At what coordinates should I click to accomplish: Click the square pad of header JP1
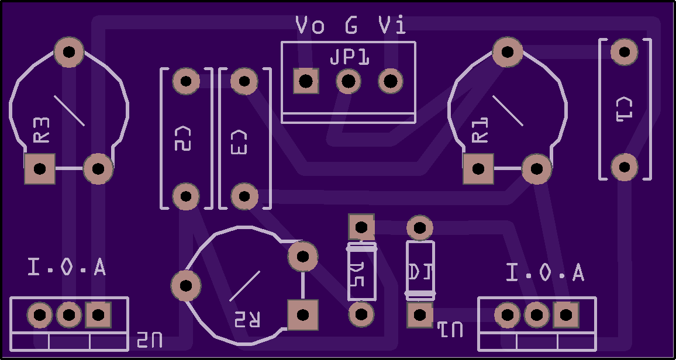(x=306, y=81)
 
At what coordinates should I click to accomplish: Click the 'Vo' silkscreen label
(x=310, y=26)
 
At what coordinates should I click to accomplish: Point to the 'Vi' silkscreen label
(x=392, y=26)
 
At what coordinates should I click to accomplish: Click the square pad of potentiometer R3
(x=40, y=169)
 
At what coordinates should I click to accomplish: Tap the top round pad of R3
(x=69, y=52)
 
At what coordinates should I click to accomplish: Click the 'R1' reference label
(x=480, y=130)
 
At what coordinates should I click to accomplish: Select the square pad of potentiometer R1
(x=478, y=169)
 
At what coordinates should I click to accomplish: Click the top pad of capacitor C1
(x=624, y=52)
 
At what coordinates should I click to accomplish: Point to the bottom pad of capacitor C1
(x=624, y=167)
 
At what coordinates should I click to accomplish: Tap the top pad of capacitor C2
(x=187, y=81)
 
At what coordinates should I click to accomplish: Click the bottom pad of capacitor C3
(x=244, y=196)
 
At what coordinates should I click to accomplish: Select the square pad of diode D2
(x=361, y=227)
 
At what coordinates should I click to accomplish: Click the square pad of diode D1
(x=420, y=315)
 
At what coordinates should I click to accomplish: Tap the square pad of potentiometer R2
(x=303, y=315)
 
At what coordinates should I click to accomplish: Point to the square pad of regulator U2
(x=98, y=315)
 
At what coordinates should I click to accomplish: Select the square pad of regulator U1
(x=565, y=315)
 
